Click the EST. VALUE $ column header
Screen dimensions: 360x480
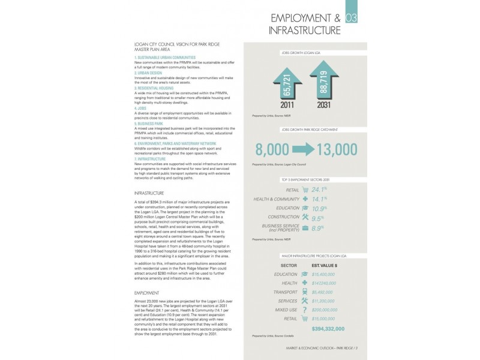[325, 263]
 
